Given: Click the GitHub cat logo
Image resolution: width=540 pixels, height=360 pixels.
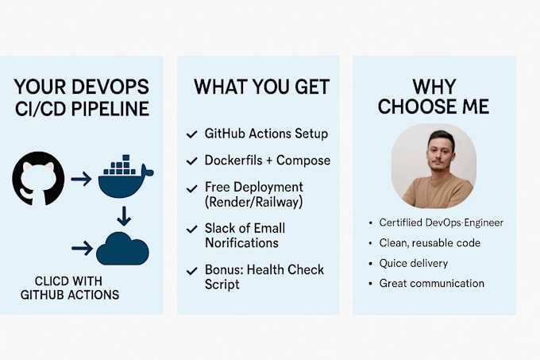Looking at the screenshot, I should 38,178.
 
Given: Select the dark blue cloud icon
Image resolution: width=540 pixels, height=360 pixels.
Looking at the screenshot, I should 122,248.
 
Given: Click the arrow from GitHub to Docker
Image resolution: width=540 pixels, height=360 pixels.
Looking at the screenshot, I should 81,179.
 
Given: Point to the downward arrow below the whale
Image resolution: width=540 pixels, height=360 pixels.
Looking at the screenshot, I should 123,215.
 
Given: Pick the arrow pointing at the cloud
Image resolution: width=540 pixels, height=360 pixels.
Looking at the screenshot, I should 82,249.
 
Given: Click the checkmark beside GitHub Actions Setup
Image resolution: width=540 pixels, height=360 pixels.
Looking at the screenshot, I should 191,134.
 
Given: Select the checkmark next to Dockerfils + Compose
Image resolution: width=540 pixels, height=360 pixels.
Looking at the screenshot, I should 191,161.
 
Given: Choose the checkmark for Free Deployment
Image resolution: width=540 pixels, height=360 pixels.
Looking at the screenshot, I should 191,188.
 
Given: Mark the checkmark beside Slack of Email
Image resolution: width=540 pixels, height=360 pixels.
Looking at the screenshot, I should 191,229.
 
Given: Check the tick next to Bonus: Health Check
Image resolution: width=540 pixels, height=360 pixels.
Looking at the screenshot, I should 191,270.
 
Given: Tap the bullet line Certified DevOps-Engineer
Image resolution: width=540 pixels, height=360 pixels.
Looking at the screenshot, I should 441,223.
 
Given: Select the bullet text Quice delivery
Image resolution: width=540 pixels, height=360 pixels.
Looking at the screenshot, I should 413,263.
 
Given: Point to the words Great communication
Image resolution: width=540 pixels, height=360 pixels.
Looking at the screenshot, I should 431,283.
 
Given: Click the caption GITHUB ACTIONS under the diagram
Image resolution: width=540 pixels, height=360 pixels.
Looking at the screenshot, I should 70,295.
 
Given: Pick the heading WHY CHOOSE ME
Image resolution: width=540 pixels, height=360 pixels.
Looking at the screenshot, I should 434,97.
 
